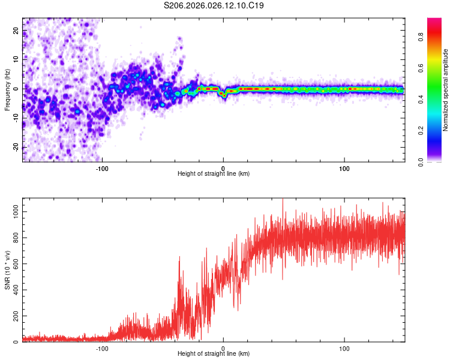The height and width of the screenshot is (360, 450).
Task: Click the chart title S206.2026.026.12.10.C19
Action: tap(214, 5)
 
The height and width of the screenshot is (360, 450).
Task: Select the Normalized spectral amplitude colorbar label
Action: tap(445, 89)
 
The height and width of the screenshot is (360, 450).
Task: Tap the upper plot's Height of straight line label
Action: tap(214, 173)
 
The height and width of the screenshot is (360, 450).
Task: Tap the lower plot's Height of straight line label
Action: tap(214, 353)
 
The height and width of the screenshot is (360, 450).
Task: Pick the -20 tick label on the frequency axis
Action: tap(16, 147)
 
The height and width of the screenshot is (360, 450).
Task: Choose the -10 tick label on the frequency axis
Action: tap(16, 118)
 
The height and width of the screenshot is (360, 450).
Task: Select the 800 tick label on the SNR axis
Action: tap(14, 238)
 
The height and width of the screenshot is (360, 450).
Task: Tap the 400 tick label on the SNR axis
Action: tap(14, 290)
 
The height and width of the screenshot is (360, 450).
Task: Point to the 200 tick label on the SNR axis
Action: tap(14, 316)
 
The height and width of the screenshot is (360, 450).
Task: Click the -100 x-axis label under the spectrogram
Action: tap(102, 167)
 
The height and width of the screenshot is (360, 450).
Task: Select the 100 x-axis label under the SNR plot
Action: tap(344, 347)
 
